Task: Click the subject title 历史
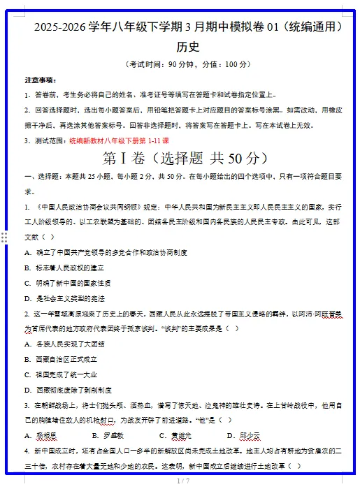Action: coord(188,47)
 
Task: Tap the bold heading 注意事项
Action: coord(41,80)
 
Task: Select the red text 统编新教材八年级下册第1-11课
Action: coord(119,140)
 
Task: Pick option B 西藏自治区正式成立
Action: coord(65,359)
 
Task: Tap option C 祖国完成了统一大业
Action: coord(65,374)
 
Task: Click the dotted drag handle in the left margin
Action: coord(4,238)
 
